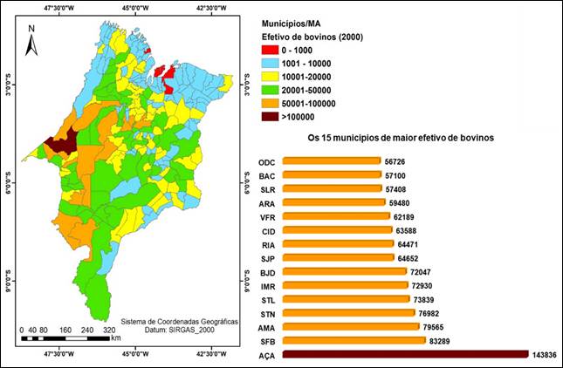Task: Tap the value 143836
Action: point(545,354)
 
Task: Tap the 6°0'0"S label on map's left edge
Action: point(9,185)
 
